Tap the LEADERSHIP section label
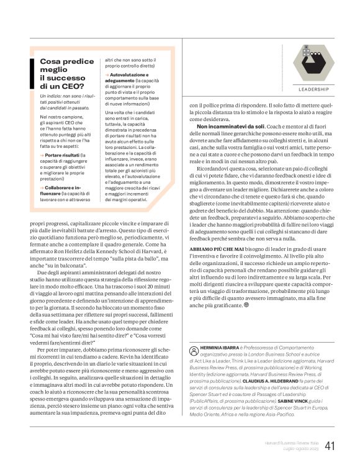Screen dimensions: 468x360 click(x=314, y=89)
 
